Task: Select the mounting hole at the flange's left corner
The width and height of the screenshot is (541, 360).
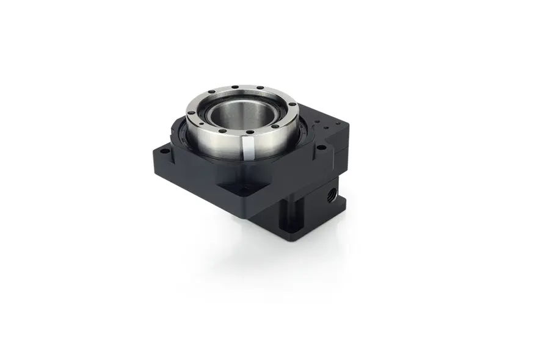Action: pyautogui.click(x=164, y=149)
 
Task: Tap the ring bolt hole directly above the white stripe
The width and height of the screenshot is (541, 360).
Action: pyautogui.click(x=249, y=132)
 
